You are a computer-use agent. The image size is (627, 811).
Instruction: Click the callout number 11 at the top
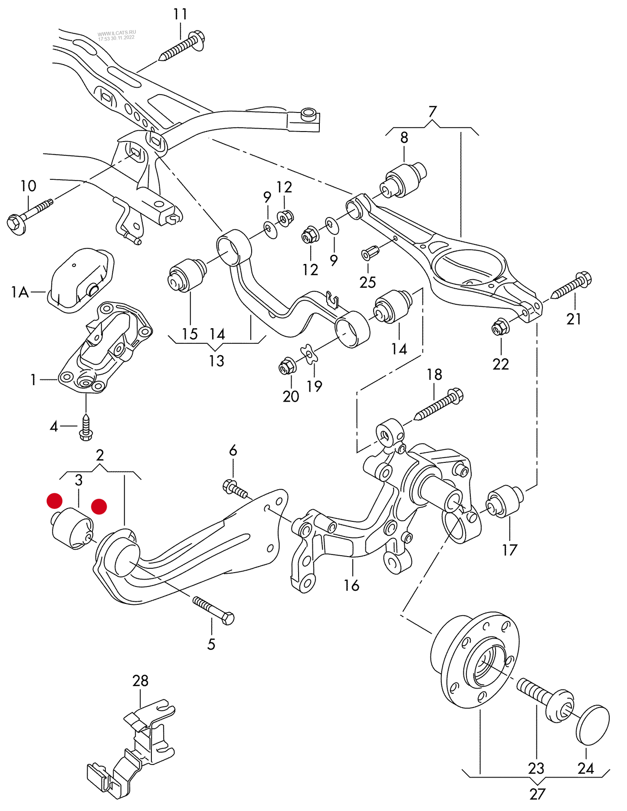(180, 14)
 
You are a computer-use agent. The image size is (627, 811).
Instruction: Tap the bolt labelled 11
(182, 46)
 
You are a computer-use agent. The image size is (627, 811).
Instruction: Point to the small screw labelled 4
(86, 428)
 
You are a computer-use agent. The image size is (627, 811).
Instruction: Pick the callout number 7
(432, 112)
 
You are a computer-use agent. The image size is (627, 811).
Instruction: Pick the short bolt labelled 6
(235, 489)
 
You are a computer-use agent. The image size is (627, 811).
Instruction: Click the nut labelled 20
(287, 367)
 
